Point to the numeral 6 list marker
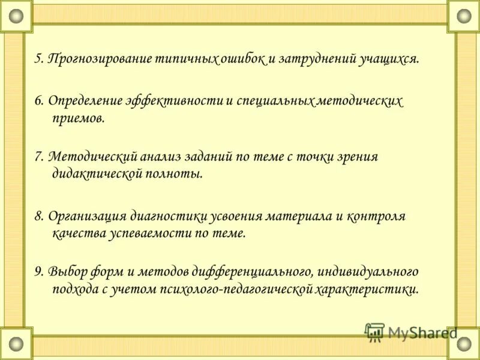(x=38, y=101)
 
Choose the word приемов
(x=79, y=118)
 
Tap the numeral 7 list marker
(x=38, y=157)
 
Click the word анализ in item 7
(x=163, y=157)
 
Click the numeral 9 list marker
(x=38, y=272)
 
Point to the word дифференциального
(x=259, y=272)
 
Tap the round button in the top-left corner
(x=16, y=16)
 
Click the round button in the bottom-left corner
(x=16, y=344)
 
